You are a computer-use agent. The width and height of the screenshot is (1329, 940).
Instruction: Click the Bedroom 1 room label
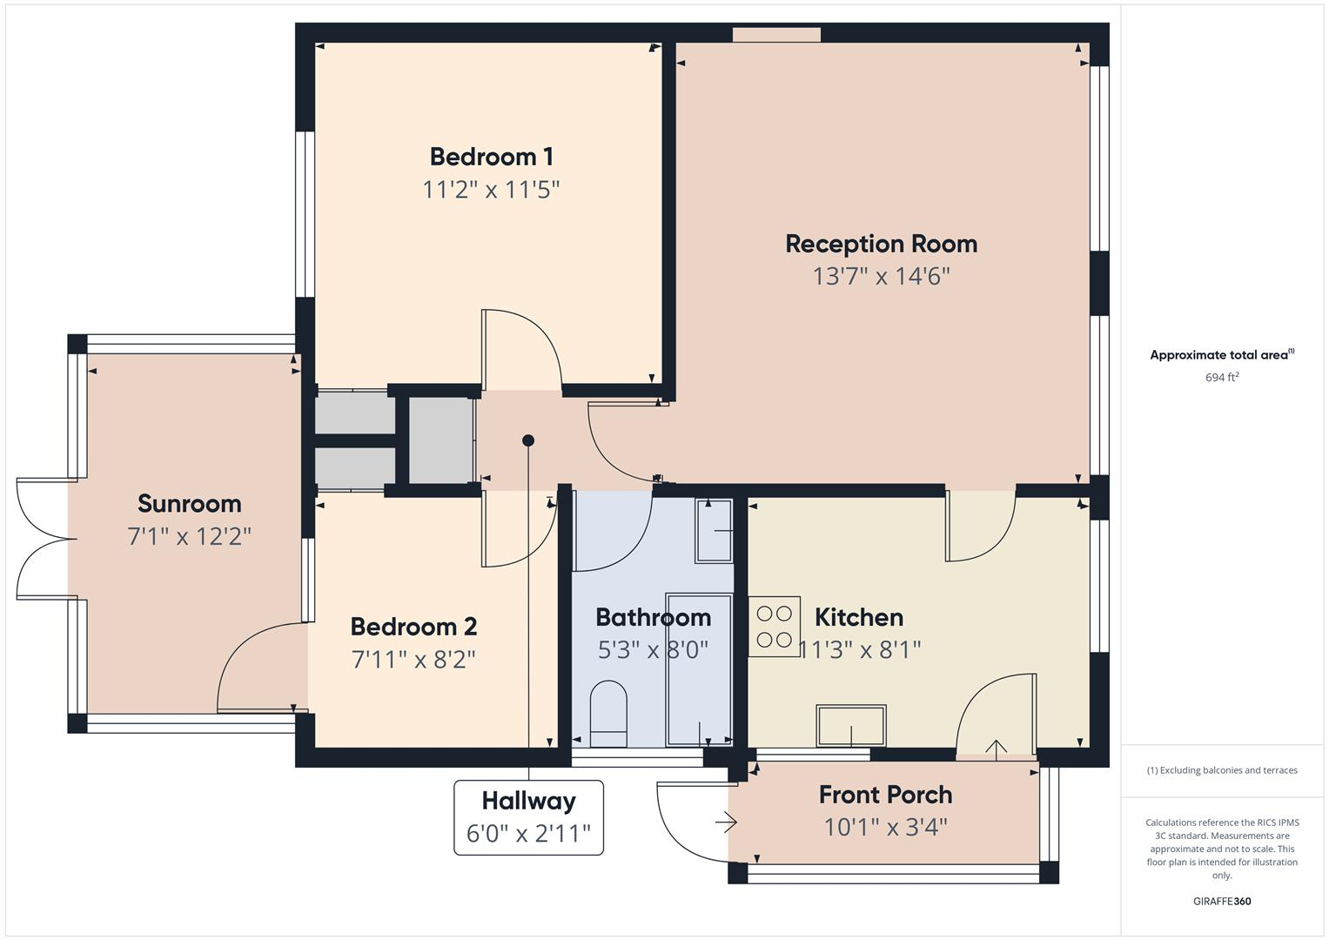point(491,157)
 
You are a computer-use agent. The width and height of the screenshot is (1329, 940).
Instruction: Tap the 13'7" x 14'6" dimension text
point(881,277)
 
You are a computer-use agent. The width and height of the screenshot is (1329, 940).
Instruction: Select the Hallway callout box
point(528,817)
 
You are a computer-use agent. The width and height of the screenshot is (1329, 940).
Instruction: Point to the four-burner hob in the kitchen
point(774,626)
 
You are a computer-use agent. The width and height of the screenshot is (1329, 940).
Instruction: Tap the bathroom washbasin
point(714,531)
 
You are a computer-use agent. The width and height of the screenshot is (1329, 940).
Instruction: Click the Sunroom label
point(189,504)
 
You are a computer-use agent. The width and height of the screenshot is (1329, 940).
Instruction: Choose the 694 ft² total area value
point(1221,378)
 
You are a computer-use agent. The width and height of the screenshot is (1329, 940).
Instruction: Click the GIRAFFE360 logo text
point(1221,901)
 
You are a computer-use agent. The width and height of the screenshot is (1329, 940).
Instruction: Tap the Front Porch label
point(885,795)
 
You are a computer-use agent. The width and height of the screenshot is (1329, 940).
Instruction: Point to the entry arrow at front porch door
point(727,822)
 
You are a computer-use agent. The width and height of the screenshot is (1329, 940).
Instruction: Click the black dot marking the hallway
point(528,440)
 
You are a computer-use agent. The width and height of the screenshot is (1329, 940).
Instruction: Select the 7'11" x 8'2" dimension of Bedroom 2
point(413,660)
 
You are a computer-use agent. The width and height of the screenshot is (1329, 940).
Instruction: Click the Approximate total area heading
point(1221,355)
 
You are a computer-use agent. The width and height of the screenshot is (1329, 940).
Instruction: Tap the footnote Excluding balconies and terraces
point(1221,770)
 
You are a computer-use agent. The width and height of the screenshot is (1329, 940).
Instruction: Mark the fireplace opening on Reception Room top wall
point(776,35)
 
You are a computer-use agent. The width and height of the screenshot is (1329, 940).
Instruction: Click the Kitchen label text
point(858,617)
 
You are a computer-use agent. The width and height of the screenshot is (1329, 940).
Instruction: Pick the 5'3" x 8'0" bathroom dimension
point(653,650)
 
